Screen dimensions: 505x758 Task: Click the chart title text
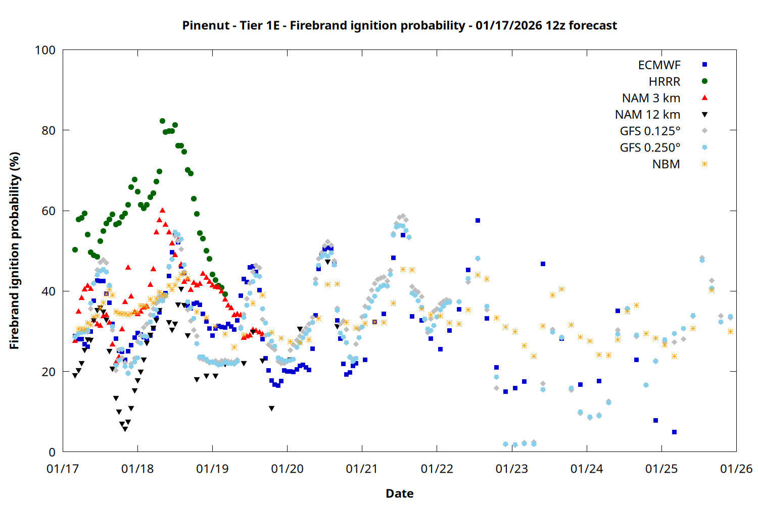[x=399, y=25]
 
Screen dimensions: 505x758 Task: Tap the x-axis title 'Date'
[x=399, y=493]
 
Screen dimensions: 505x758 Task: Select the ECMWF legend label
[x=659, y=65]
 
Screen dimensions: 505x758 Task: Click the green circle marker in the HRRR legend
[x=704, y=81]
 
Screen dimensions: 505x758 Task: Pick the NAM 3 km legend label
[x=651, y=98]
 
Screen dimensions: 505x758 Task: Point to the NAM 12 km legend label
[x=647, y=115]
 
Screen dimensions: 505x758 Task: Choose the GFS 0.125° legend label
[x=650, y=131]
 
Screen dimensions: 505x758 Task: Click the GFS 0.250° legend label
[x=650, y=148]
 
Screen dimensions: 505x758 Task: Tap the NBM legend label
[x=666, y=164]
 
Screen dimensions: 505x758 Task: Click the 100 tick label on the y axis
[x=45, y=50]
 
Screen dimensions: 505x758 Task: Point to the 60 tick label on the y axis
[x=49, y=211]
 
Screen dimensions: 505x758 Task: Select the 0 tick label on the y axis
[x=52, y=452]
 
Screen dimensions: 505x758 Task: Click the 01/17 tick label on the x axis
[x=63, y=469]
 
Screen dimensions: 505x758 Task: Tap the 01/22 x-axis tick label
[x=437, y=469]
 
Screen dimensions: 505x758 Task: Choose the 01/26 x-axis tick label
[x=736, y=469]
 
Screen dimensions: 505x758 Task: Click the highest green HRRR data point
[x=162, y=121]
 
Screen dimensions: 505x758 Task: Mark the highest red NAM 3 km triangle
[x=162, y=210]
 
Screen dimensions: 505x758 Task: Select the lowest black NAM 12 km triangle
[x=125, y=429]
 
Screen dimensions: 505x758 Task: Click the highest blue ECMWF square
[x=478, y=220]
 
